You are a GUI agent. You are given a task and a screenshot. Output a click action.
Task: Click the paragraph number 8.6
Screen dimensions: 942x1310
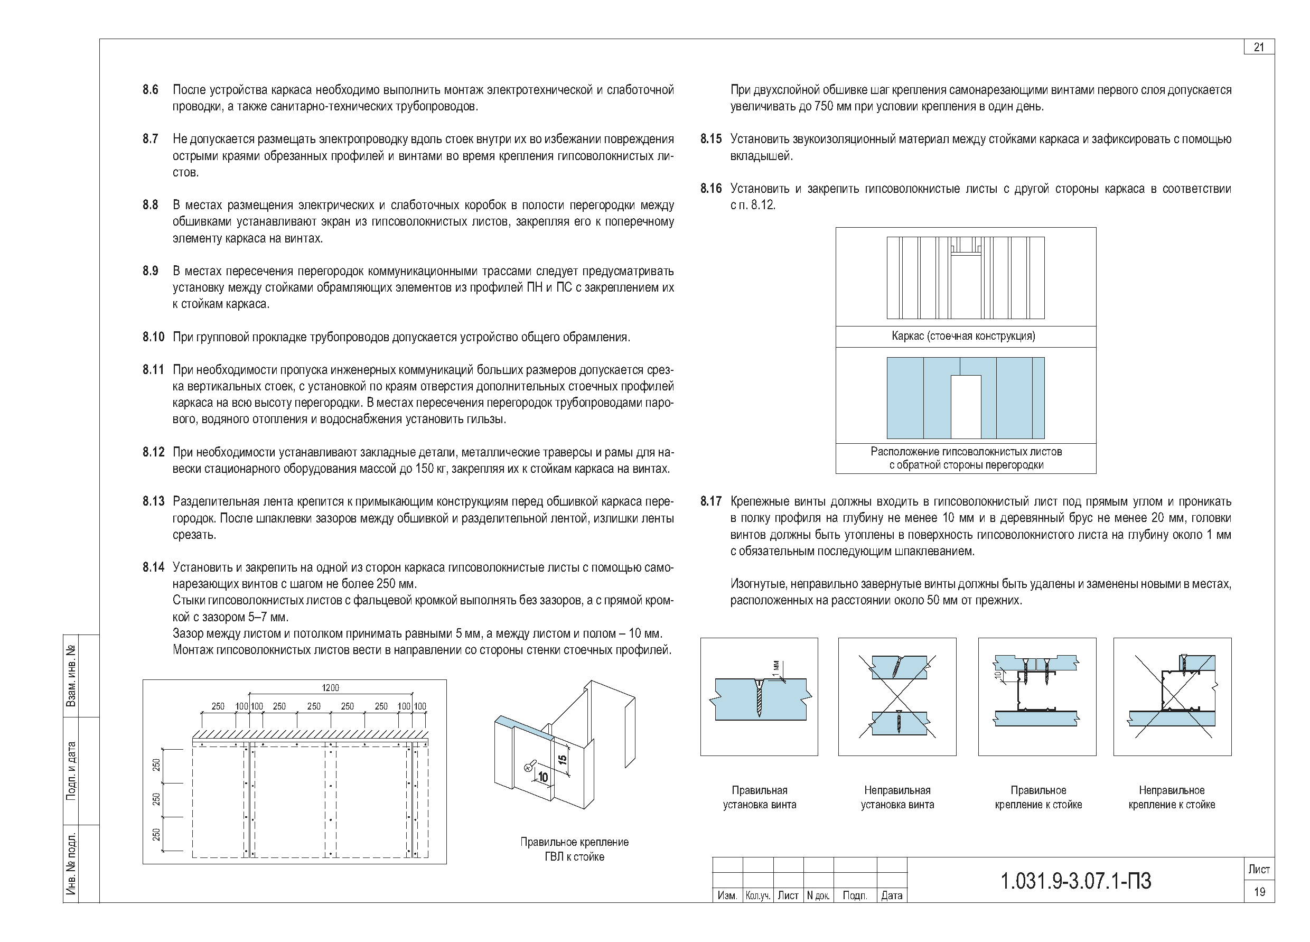(x=150, y=90)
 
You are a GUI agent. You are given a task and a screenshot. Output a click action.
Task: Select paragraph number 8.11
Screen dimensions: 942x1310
(x=153, y=370)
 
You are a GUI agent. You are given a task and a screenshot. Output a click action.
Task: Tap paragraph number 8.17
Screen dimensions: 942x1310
(x=711, y=501)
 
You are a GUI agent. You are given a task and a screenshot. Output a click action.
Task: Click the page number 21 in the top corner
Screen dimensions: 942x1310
(x=1259, y=48)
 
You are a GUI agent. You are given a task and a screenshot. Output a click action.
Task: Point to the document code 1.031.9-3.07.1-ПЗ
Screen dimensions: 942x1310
(x=1075, y=881)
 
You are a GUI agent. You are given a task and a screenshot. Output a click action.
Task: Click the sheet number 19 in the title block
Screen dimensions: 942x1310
(x=1259, y=892)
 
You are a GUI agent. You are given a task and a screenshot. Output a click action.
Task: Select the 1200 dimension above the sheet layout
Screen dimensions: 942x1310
(x=330, y=688)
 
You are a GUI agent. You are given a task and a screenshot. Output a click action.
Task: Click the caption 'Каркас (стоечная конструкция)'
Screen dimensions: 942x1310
(x=963, y=336)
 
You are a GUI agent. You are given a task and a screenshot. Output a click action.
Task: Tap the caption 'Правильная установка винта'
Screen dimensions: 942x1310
(x=760, y=798)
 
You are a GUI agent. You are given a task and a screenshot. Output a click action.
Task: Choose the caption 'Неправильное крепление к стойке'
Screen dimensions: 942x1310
(x=1172, y=798)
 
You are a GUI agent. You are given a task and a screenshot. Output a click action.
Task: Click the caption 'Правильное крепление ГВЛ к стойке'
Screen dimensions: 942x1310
(x=574, y=850)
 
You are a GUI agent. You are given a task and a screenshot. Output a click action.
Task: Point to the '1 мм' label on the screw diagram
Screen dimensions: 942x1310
(x=776, y=668)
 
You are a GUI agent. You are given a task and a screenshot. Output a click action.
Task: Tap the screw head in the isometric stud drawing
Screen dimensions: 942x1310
(x=527, y=767)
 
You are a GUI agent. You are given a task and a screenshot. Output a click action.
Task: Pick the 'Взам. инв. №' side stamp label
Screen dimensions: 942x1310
(x=72, y=676)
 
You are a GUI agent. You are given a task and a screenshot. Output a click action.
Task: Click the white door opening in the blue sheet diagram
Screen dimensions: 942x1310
(x=966, y=407)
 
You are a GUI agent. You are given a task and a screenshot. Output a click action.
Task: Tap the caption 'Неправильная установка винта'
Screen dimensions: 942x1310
(x=897, y=798)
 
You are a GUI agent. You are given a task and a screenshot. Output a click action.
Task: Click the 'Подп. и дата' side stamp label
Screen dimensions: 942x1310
(x=72, y=770)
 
